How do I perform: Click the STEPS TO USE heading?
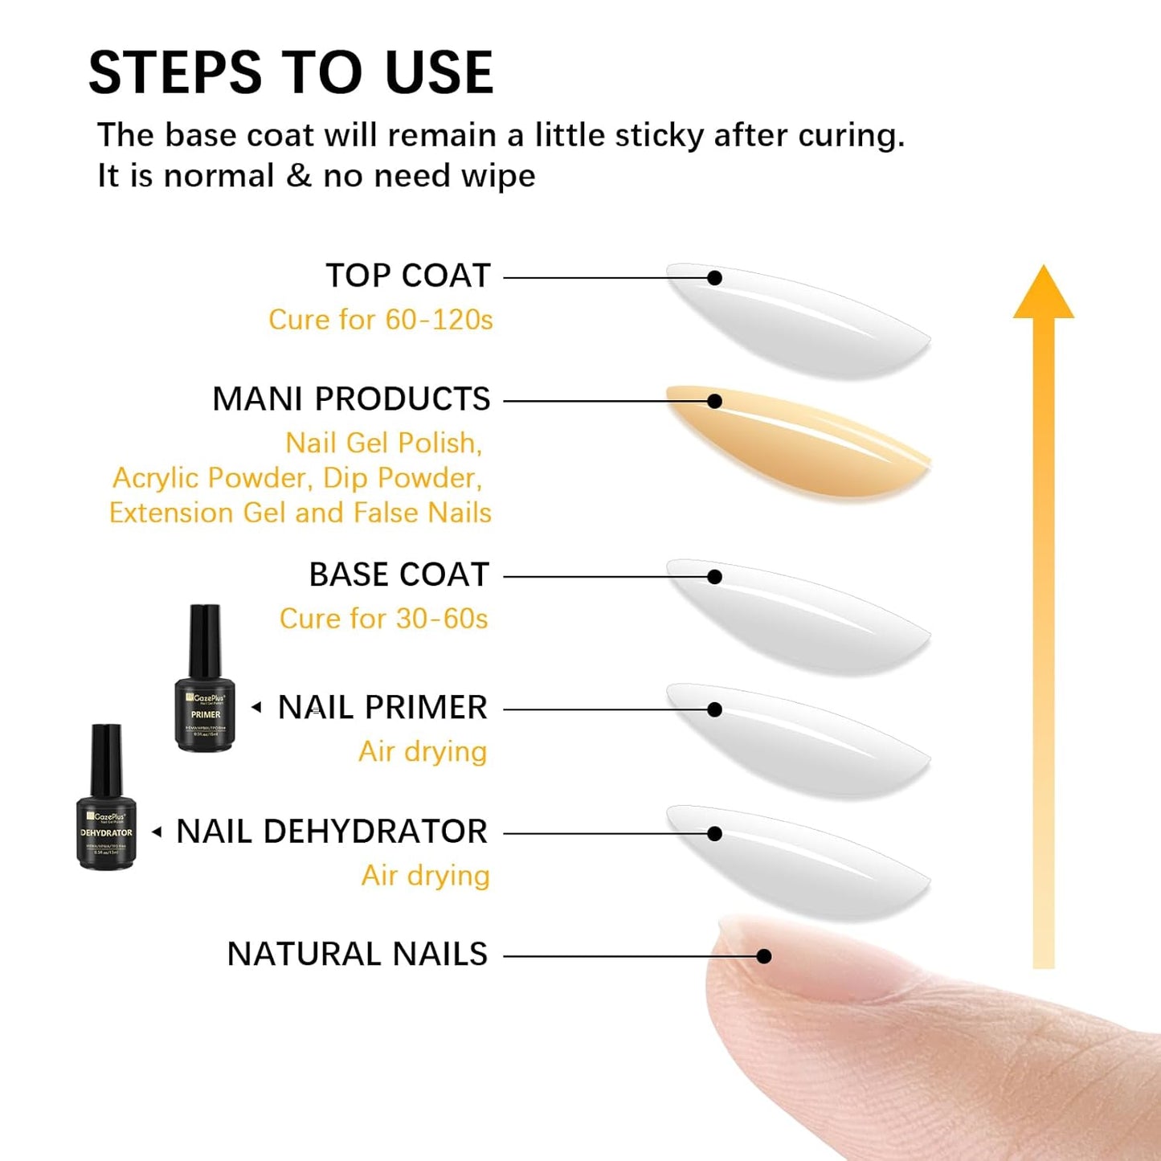click(290, 72)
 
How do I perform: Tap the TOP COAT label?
click(407, 276)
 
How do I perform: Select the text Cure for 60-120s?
click(380, 320)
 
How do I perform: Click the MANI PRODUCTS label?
click(351, 399)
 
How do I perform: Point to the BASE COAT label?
click(399, 575)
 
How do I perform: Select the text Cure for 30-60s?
click(383, 619)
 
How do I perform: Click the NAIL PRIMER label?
click(382, 708)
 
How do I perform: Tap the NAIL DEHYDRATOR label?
click(332, 832)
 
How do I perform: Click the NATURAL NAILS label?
click(357, 955)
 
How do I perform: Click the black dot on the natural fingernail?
click(764, 956)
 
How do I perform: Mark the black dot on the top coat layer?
click(714, 278)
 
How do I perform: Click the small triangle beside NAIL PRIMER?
click(256, 707)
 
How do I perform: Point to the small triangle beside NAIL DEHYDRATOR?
click(157, 832)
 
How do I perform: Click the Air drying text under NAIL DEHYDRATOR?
click(425, 876)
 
